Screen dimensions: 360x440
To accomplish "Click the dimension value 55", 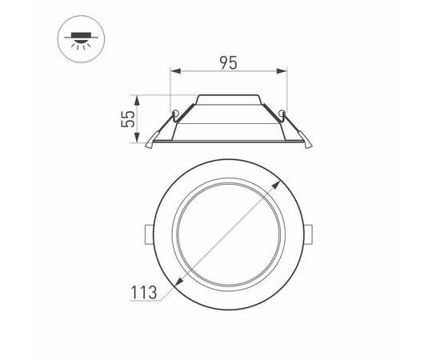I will [126, 120].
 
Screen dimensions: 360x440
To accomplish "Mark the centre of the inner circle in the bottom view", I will [229, 234].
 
